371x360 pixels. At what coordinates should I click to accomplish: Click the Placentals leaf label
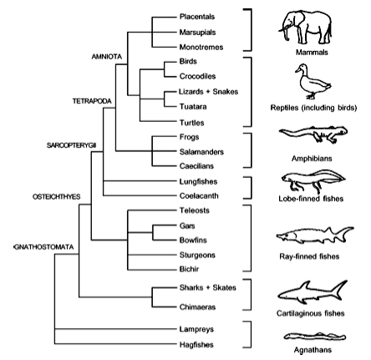click(x=197, y=17)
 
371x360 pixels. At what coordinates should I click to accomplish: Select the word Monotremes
click(x=201, y=47)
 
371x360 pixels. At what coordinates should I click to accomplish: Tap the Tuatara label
click(x=193, y=107)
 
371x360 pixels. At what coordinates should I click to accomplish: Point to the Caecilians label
click(x=196, y=166)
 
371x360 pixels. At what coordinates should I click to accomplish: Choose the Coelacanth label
click(x=199, y=195)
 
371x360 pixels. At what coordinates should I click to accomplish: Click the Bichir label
click(x=189, y=269)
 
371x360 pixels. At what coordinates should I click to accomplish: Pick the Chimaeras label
click(x=197, y=307)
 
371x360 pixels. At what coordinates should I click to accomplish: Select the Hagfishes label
click(x=196, y=345)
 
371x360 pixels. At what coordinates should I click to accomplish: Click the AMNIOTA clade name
click(x=107, y=57)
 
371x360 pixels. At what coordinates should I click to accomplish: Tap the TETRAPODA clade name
click(x=92, y=101)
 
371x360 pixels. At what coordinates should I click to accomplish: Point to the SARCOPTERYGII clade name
click(x=72, y=145)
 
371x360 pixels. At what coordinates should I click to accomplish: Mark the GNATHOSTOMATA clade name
click(x=43, y=247)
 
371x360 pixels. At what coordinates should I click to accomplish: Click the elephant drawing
click(x=305, y=27)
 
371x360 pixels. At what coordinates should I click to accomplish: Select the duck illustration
click(x=313, y=81)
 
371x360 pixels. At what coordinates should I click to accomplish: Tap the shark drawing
click(x=313, y=292)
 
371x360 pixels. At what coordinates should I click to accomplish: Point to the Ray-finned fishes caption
click(x=309, y=256)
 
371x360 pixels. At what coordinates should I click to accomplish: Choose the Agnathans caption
click(x=313, y=350)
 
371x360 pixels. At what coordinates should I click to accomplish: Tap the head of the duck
click(x=302, y=68)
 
